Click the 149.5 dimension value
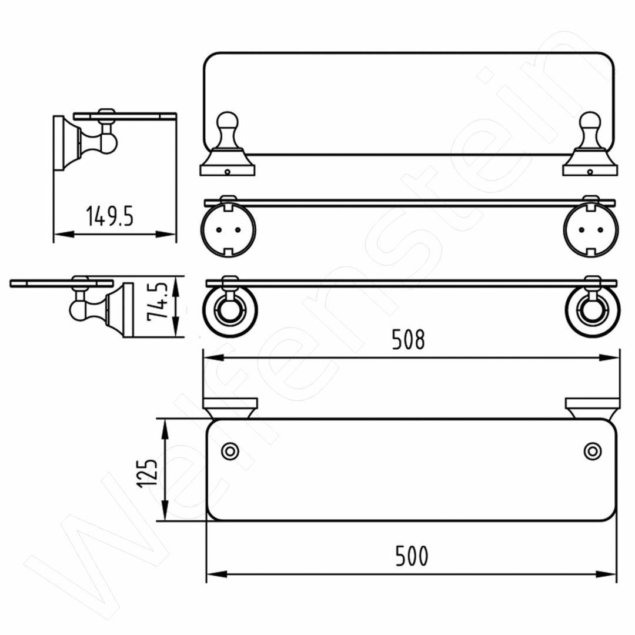[x=109, y=216]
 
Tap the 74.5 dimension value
[x=157, y=302]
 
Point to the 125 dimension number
[x=147, y=473]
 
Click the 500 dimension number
[x=412, y=556]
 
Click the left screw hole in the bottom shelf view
[x=230, y=451]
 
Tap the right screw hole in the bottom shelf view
[x=593, y=451]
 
